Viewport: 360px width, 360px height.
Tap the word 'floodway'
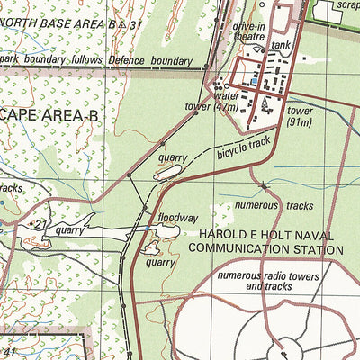pos(177,218)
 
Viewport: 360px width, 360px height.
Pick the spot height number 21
pos(40,223)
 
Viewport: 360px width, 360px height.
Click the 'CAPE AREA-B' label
pos(42,114)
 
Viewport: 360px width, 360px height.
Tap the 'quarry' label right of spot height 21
pos(68,230)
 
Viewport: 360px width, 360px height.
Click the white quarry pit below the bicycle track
pos(168,171)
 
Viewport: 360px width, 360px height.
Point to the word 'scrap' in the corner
pos(347,5)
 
